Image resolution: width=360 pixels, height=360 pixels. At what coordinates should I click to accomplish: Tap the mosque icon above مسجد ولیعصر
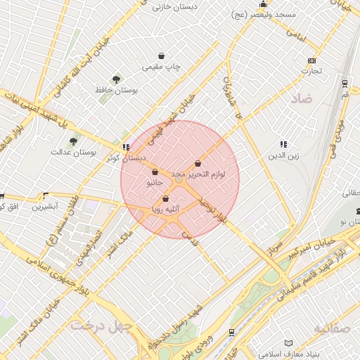[x=263, y=4]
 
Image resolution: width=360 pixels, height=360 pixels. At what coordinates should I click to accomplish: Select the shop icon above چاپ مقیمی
[x=162, y=56]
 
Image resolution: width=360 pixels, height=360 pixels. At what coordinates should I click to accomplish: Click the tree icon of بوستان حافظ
[x=116, y=79]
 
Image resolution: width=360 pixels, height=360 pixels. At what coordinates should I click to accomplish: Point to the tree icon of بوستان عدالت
[x=73, y=142]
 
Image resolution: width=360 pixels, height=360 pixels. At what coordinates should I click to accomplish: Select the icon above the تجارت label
[x=311, y=60]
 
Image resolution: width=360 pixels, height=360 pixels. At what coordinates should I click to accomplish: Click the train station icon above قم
[x=344, y=82]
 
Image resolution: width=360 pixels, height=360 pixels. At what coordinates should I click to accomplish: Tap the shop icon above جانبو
[x=154, y=172]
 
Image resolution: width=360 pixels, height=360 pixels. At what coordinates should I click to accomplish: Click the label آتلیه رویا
[x=166, y=209]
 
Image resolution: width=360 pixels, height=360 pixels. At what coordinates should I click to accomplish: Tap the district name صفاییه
[x=335, y=328]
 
